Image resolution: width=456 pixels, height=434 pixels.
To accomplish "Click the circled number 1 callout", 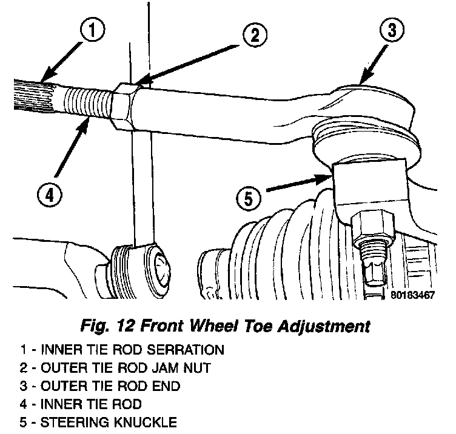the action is [x=93, y=30].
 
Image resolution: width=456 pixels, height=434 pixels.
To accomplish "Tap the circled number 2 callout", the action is [x=255, y=35].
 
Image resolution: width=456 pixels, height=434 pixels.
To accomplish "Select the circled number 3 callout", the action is [x=392, y=30].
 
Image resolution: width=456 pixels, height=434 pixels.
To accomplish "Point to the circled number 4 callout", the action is [x=50, y=195].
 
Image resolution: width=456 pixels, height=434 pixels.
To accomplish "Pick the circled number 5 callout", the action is [x=249, y=199].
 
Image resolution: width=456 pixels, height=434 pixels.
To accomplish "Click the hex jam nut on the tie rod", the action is [x=123, y=106].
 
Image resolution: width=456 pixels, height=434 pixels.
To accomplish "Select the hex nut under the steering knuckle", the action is [x=374, y=225].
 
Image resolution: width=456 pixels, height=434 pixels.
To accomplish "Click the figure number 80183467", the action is [x=413, y=295].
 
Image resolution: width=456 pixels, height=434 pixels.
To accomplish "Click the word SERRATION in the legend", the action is [x=186, y=349].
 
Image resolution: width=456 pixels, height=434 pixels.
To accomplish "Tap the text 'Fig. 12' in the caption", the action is [x=108, y=326].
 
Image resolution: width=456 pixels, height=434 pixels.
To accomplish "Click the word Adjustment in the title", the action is [x=323, y=327].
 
